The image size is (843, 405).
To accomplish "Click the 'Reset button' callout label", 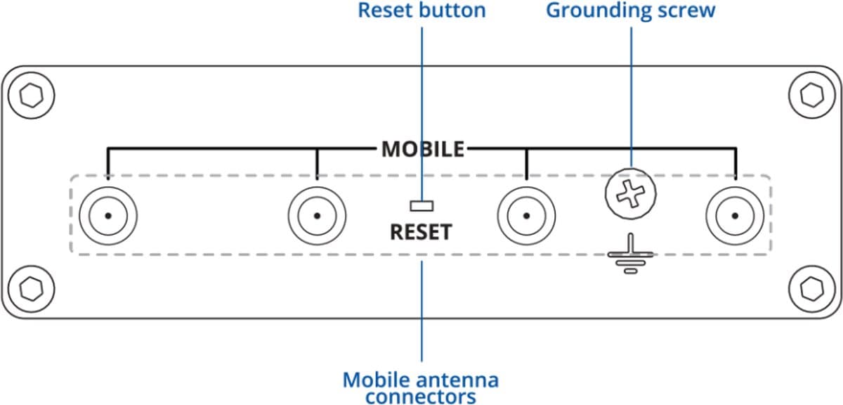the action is [421, 10].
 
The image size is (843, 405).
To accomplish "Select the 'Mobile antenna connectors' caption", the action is [421, 387].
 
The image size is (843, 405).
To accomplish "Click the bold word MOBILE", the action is [423, 149].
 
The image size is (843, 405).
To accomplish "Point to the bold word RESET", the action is [421, 232].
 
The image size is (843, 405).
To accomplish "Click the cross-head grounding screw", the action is [631, 193].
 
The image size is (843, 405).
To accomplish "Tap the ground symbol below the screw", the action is [630, 254].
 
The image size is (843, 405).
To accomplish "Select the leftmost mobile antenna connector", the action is [108, 216].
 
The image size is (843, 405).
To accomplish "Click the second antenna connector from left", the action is [318, 216].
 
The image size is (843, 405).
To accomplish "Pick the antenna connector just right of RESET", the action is [526, 216].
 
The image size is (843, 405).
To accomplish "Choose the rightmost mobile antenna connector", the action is [735, 216].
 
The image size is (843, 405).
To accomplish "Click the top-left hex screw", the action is [31, 96].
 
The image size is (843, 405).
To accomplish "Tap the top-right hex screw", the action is [812, 95].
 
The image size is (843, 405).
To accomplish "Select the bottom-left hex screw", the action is [31, 289].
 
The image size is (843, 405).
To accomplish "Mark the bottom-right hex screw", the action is [812, 289].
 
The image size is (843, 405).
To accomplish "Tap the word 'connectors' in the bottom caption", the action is [421, 397].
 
